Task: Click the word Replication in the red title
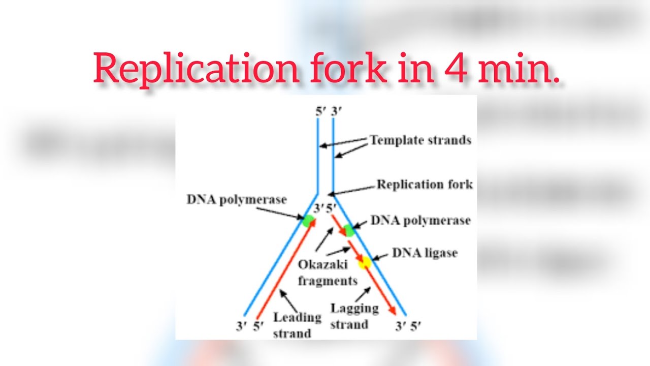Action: pyautogui.click(x=196, y=68)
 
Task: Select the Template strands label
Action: pyautogui.click(x=420, y=140)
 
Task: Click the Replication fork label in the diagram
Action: pyautogui.click(x=424, y=184)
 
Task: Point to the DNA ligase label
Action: pyautogui.click(x=425, y=253)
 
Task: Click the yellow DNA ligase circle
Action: pyautogui.click(x=364, y=262)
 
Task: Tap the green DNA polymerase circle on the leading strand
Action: pyautogui.click(x=308, y=221)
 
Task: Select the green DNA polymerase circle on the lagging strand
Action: pyautogui.click(x=348, y=230)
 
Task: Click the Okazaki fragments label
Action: pyautogui.click(x=327, y=272)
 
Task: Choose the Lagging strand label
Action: pyautogui.click(x=354, y=316)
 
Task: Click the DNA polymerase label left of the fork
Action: pyautogui.click(x=237, y=199)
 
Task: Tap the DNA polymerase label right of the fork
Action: pyautogui.click(x=420, y=221)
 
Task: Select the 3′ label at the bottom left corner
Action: pyautogui.click(x=241, y=326)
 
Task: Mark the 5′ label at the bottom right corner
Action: pyautogui.click(x=415, y=326)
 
